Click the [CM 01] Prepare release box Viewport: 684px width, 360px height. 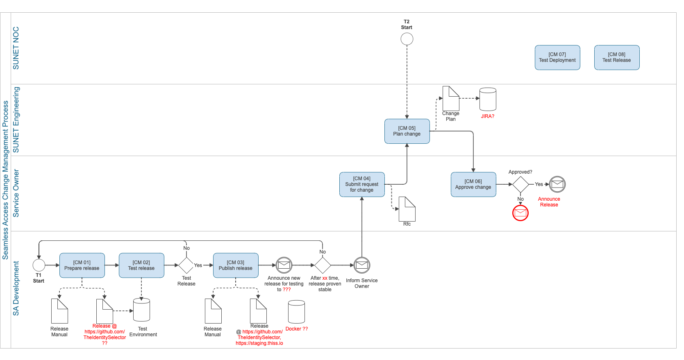tap(82, 265)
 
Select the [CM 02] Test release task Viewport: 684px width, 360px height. tap(141, 265)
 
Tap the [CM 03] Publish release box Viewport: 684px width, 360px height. tap(235, 265)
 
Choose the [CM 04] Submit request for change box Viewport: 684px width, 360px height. tap(362, 184)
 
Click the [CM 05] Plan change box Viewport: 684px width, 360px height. tap(407, 131)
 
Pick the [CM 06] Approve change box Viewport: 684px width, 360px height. tap(473, 184)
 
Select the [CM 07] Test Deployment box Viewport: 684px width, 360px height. tap(557, 57)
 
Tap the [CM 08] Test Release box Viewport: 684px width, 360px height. tap(617, 57)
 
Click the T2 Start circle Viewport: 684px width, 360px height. tap(407, 39)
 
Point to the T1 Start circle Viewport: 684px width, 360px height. tap(39, 265)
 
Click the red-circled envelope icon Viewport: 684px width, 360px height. tap(520, 213)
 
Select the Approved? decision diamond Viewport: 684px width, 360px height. tap(520, 184)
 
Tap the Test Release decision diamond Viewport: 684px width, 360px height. tap(186, 265)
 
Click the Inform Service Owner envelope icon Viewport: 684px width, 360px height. tap(362, 265)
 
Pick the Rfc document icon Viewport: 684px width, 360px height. tap(407, 209)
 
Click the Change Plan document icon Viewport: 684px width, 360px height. tap(451, 99)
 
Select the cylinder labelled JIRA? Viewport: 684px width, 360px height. tap(488, 99)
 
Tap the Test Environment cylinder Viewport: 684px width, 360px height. tap(141, 310)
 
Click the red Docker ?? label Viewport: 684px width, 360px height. tap(296, 329)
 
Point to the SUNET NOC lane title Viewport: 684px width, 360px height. tap(16, 48)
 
